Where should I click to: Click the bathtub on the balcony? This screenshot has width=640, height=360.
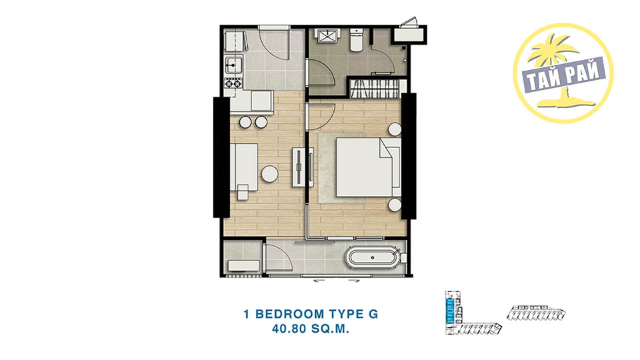372,257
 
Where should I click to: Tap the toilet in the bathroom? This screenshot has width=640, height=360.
356,40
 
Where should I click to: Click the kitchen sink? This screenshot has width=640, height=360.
233,65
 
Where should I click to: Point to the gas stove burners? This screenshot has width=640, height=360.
233,83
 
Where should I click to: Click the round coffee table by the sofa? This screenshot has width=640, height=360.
270,174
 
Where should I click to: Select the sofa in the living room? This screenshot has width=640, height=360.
244,167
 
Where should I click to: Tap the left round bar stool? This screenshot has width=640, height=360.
245,122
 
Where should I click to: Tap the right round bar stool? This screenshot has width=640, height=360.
261,122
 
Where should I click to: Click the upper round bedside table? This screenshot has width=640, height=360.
395,129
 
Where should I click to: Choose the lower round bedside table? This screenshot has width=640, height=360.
395,205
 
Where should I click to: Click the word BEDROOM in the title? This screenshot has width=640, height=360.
290,314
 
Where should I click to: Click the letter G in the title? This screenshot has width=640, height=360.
373,314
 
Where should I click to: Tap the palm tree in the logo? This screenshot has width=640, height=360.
556,69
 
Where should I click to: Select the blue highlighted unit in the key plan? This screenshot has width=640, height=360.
449,311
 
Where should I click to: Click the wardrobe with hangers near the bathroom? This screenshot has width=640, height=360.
374,89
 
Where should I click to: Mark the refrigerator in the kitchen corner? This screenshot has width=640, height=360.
235,41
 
